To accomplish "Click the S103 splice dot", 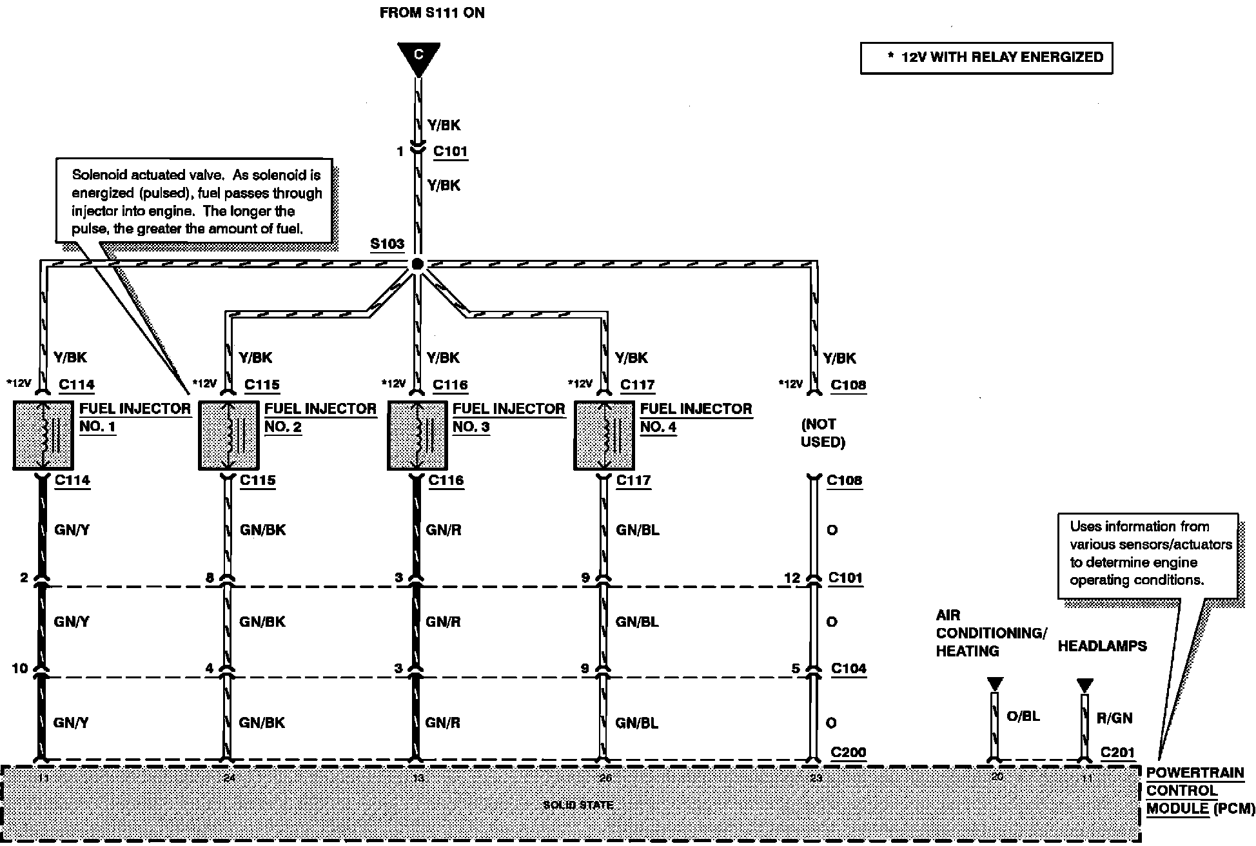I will tap(417, 264).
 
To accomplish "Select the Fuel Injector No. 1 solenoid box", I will tap(43, 435).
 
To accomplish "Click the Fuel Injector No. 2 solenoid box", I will tap(228, 435).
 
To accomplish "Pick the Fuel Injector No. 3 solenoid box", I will tap(417, 435).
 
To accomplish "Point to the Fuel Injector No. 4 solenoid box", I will tap(603, 435).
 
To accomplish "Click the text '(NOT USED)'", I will tap(822, 433).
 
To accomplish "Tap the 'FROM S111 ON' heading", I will tap(431, 13).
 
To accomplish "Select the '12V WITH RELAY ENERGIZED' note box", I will tap(986, 57).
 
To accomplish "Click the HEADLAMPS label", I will tap(1102, 646).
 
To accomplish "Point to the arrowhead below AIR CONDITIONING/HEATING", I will tap(995, 684).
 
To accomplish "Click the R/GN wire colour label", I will tap(1114, 718).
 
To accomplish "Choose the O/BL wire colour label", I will tap(1023, 716).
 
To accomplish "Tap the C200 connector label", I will tap(848, 752).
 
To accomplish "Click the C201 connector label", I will tap(1117, 752).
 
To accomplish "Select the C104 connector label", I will tap(849, 669).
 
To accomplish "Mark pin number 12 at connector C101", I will tap(792, 578).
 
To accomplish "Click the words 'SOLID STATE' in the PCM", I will tap(578, 805).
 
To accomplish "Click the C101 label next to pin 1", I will tap(450, 151).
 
